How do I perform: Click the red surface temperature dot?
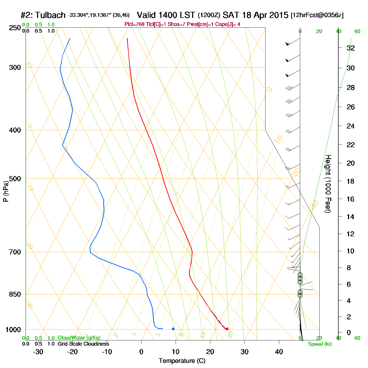tap(227, 329)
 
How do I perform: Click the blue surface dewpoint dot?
tap(173, 329)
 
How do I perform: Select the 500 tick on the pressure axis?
tap(15, 179)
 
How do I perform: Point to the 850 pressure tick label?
tap(15, 294)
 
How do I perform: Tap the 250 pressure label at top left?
tap(15, 28)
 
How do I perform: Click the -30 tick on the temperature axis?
tap(38, 352)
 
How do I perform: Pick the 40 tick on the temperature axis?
tap(279, 352)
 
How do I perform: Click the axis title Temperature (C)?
tap(182, 361)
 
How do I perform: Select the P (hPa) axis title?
tap(6, 191)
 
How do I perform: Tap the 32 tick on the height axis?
tap(351, 48)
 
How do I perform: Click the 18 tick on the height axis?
tap(351, 181)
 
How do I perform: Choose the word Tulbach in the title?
tap(50, 15)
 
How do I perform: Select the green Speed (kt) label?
tap(320, 344)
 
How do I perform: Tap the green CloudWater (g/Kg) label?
tap(79, 338)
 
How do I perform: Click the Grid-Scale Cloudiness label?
tap(83, 344)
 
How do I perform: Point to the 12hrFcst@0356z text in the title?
tap(317, 15)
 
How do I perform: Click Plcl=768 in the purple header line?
tap(135, 24)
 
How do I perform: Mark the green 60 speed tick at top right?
tap(357, 32)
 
